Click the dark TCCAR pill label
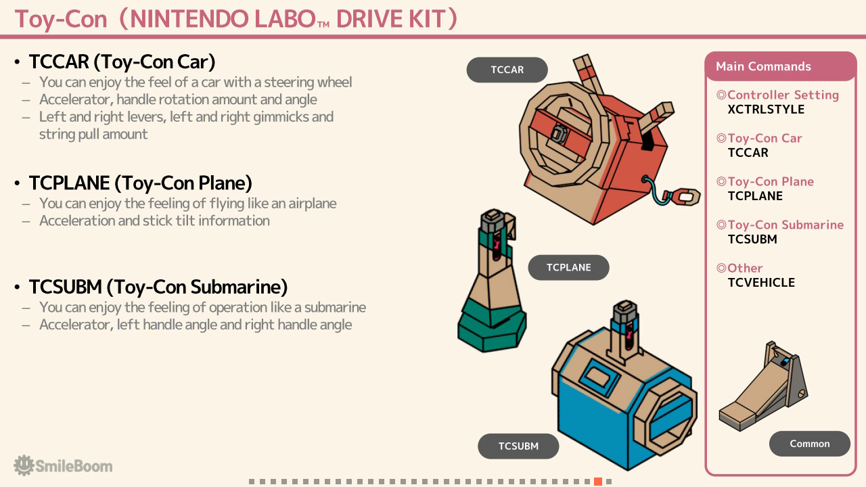click(x=507, y=70)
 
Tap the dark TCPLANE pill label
click(x=568, y=267)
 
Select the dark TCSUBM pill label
click(x=518, y=446)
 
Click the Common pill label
click(x=810, y=444)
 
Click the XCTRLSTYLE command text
click(x=766, y=110)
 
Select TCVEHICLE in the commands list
click(x=761, y=283)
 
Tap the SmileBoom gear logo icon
click(x=24, y=465)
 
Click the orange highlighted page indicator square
click(x=598, y=482)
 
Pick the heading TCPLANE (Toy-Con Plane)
click(x=140, y=183)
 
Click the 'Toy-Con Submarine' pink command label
click(x=785, y=225)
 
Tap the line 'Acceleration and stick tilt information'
click(x=155, y=221)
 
